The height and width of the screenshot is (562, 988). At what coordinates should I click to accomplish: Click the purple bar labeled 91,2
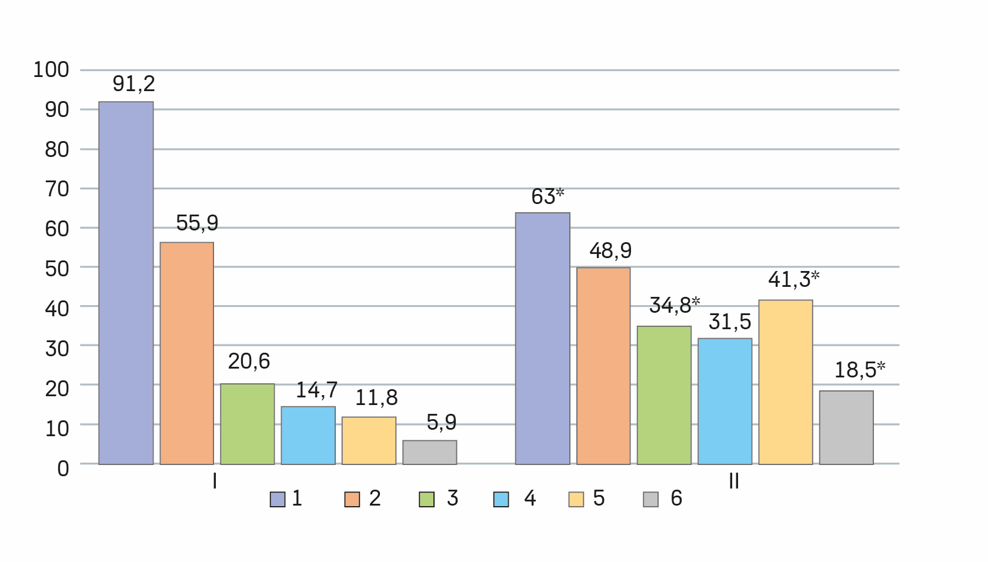(x=126, y=283)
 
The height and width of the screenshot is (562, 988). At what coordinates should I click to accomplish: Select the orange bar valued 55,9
(x=187, y=353)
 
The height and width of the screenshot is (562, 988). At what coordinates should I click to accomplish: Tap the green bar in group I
(x=248, y=424)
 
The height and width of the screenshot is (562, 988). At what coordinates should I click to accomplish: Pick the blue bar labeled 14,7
(x=308, y=435)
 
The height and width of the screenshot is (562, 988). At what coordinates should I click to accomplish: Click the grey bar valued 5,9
(x=430, y=452)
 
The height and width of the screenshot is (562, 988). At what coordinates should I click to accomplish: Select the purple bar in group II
(x=543, y=338)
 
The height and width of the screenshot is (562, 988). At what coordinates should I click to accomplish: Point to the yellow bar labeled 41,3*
(x=786, y=382)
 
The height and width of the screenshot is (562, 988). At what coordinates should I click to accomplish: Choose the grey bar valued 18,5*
(x=846, y=427)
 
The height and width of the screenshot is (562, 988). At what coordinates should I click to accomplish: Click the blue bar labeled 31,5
(x=725, y=401)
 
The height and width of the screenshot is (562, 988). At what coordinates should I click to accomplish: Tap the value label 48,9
(x=610, y=251)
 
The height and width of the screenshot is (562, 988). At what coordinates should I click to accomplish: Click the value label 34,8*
(x=674, y=305)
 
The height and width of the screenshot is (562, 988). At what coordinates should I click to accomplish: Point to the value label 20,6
(x=249, y=362)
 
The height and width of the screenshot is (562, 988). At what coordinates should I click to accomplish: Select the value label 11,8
(x=376, y=398)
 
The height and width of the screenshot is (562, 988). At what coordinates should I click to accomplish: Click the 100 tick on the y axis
(x=51, y=70)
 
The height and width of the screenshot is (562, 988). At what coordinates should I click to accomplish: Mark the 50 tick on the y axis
(x=57, y=269)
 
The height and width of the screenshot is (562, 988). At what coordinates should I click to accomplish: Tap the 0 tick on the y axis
(x=63, y=469)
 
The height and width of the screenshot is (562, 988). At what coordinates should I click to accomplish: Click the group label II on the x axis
(x=733, y=481)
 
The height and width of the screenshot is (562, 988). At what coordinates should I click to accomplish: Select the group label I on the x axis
(x=215, y=481)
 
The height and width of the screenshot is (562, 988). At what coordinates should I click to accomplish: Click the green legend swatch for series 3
(x=426, y=499)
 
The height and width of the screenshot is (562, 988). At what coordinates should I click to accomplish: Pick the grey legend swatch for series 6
(x=650, y=499)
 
